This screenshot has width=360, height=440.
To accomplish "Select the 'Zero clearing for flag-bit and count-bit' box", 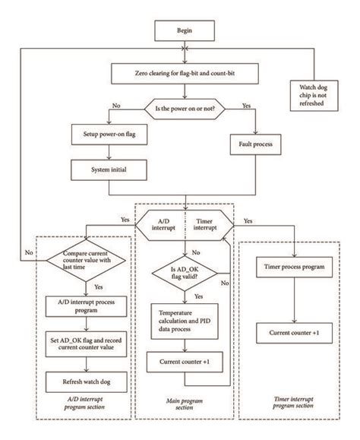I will (x=185, y=74).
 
